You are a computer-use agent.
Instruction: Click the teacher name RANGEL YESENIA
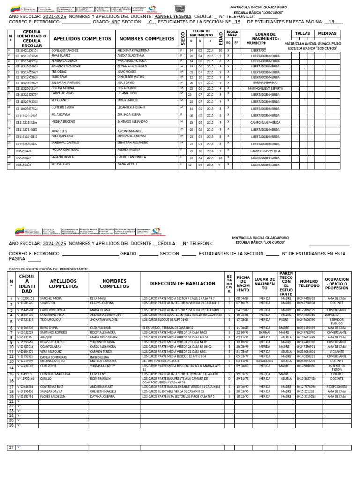[172, 16]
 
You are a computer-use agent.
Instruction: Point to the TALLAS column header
[303, 34]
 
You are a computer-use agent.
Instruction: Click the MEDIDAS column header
[327, 34]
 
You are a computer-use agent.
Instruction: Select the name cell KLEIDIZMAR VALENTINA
[134, 50]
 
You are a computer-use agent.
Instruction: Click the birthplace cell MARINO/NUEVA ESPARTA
[265, 88]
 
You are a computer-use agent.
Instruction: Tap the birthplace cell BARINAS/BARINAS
[265, 82]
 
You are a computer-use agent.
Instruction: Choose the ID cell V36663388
[23, 165]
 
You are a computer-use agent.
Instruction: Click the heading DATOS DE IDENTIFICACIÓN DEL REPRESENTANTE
[48, 269]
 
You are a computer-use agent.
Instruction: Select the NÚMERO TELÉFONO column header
[309, 284]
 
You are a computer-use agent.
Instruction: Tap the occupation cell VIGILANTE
[337, 351]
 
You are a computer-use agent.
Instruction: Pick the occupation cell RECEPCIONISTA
[337, 387]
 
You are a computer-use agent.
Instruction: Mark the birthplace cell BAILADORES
[265, 361]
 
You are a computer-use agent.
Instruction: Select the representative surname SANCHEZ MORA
[51, 298]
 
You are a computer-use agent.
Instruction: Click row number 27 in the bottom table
[12, 448]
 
